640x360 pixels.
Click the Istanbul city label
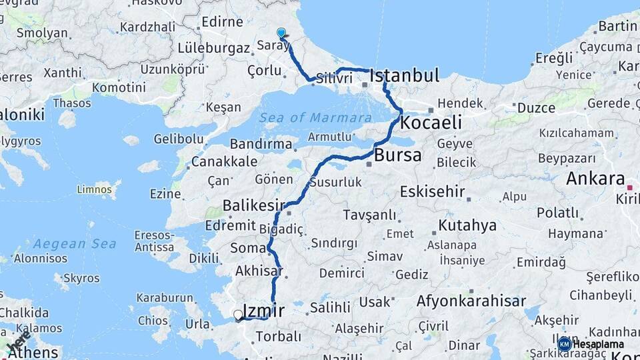(x=404, y=75)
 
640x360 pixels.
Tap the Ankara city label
(x=595, y=179)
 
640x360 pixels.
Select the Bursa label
(x=398, y=155)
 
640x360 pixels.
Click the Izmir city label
(x=264, y=310)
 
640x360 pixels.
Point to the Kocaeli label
(x=431, y=123)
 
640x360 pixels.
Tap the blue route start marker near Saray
(x=281, y=33)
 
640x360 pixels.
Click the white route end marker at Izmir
(x=238, y=315)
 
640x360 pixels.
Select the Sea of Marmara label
(x=316, y=118)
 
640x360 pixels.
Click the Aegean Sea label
(x=70, y=244)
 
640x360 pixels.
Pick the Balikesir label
(x=254, y=205)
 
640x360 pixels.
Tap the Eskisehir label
(x=432, y=192)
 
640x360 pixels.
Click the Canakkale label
(x=224, y=161)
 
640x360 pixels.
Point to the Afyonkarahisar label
(x=471, y=301)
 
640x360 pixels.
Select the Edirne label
(x=223, y=22)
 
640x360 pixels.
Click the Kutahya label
(x=467, y=225)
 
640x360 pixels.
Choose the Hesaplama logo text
(x=598, y=344)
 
